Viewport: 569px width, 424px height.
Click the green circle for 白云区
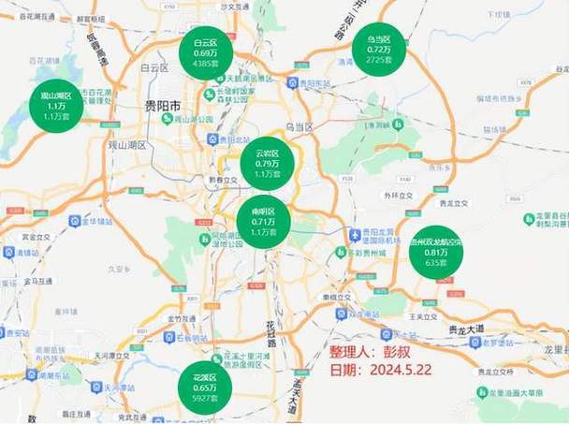pos(206,54)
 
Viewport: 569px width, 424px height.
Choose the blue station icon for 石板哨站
pos(175,336)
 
